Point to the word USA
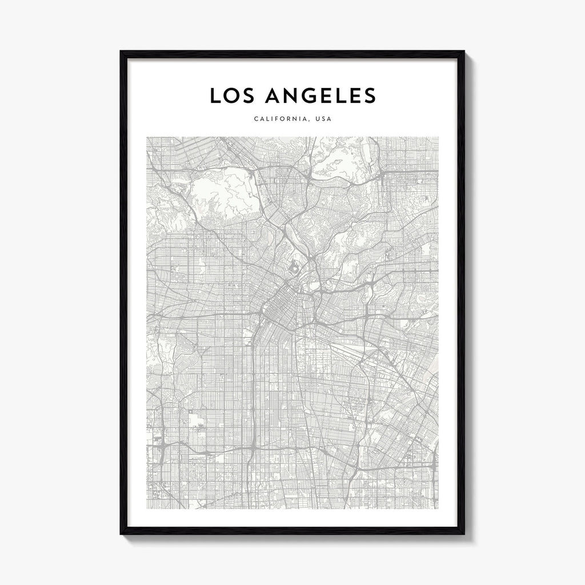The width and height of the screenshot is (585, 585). pyautogui.click(x=324, y=119)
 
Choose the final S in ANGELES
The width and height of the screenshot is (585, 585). pyautogui.click(x=370, y=96)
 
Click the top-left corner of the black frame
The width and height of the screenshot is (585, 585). pyautogui.click(x=121, y=51)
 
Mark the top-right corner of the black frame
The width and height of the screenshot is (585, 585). pyautogui.click(x=464, y=51)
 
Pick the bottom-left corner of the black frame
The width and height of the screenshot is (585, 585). pyautogui.click(x=121, y=534)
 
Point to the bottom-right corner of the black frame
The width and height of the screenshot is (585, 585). pyautogui.click(x=464, y=534)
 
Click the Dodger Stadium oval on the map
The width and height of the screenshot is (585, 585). pyautogui.click(x=294, y=266)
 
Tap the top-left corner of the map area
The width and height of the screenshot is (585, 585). pyautogui.click(x=147, y=137)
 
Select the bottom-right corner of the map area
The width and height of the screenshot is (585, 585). pyautogui.click(x=438, y=508)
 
